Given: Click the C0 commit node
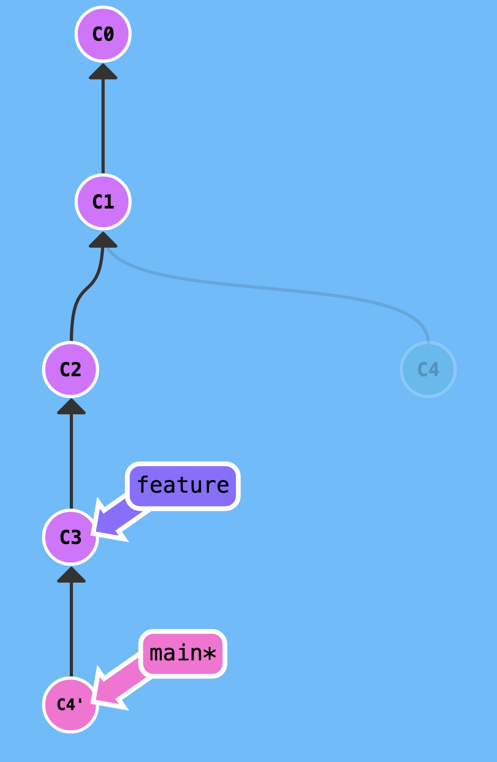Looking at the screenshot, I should coord(103,34).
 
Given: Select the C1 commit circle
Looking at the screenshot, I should coord(103,202).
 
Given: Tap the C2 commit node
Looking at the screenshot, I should coord(71,369).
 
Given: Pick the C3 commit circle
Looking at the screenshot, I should coord(71,537).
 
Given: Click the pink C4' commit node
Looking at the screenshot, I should coord(71,705).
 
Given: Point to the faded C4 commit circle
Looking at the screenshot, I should coord(428,369).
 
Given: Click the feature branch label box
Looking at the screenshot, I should coord(183,486).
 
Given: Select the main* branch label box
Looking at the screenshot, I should coord(183,654).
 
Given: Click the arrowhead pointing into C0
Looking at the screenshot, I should coord(103,72).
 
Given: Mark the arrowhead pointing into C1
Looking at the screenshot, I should coord(103,240).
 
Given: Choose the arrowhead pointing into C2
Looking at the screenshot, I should coord(71,407).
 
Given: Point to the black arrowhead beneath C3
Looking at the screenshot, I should coord(71,575).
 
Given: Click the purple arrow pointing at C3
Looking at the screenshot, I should coord(116,521).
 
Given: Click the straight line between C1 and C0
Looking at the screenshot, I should coord(103,127).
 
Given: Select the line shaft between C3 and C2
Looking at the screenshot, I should coord(71,460).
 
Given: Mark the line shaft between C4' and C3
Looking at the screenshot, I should coord(71,630).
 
